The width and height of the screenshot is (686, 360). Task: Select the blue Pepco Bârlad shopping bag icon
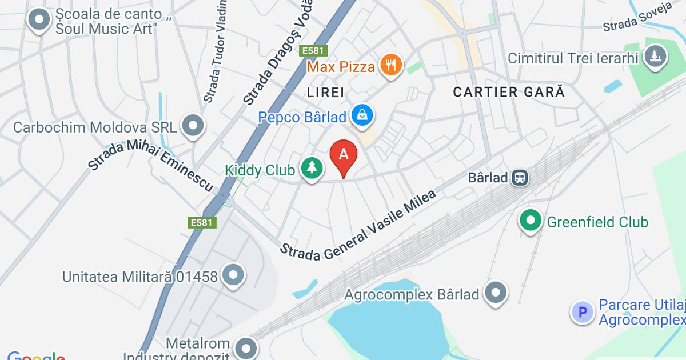pyautogui.click(x=362, y=116)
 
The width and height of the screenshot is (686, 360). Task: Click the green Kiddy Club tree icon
pyautogui.click(x=312, y=169)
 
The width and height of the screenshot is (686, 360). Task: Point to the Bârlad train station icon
pyautogui.click(x=520, y=177)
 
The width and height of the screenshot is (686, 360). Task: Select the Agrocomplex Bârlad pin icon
pyautogui.click(x=496, y=294)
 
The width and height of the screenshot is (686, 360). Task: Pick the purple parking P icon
pyautogui.click(x=583, y=312)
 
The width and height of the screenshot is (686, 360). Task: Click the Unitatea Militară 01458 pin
pyautogui.click(x=233, y=276)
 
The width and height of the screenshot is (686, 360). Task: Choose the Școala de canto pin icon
pyautogui.click(x=39, y=20)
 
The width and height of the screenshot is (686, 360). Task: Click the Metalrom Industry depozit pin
pyautogui.click(x=246, y=347)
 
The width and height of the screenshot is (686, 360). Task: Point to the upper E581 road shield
pyautogui.click(x=313, y=51)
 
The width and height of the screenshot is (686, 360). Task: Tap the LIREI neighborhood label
pyautogui.click(x=325, y=93)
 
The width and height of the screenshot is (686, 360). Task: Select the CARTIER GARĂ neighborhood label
pyautogui.click(x=508, y=91)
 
